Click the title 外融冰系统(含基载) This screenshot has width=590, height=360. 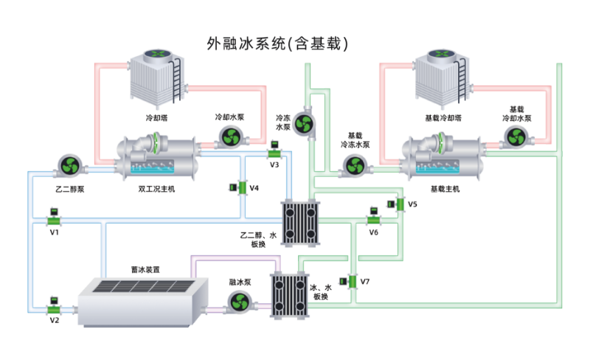278,44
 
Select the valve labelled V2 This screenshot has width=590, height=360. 53,304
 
